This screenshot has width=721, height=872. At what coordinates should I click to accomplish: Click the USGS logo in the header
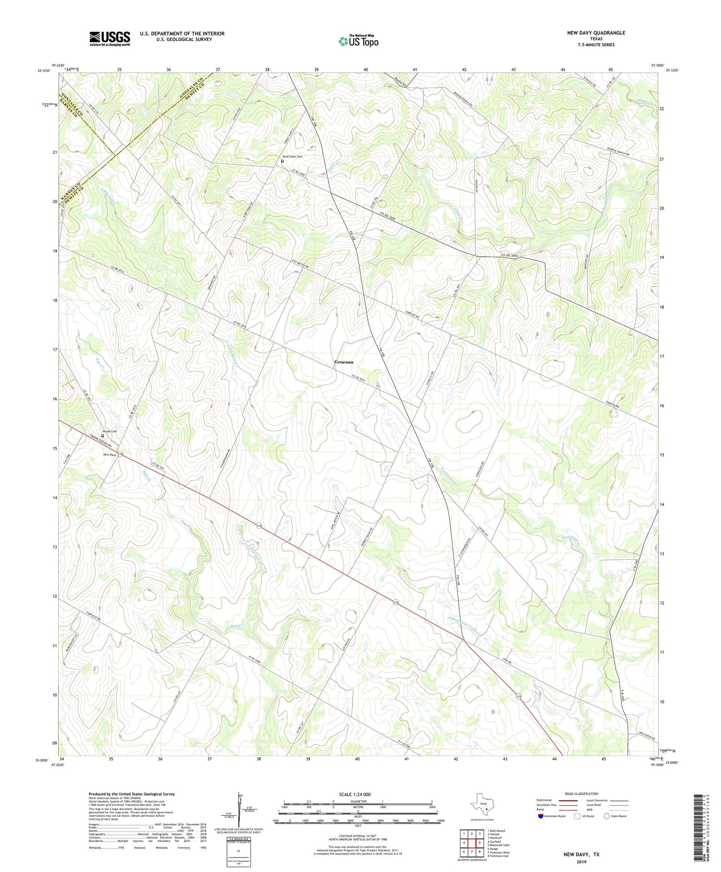[110, 38]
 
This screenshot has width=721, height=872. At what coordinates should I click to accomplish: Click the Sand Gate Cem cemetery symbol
[282, 161]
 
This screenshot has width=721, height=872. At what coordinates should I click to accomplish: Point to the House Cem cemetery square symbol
[102, 436]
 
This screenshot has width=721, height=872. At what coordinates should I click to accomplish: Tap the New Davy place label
[109, 455]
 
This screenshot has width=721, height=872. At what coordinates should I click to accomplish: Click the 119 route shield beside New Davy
[120, 454]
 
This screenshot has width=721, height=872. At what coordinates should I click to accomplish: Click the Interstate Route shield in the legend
[541, 816]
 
